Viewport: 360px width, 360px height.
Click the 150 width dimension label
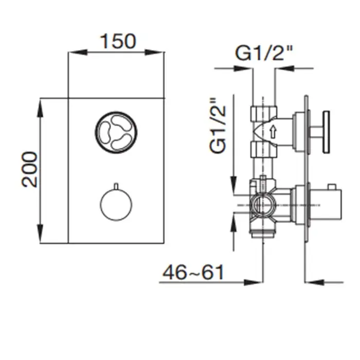pos(118,41)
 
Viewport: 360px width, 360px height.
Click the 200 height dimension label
pos(29,170)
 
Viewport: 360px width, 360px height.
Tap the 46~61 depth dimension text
pos(193,272)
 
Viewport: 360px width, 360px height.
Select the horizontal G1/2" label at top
pos(264,53)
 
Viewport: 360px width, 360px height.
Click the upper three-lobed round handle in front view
pos(116,133)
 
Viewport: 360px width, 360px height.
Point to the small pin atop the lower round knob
pos(116,186)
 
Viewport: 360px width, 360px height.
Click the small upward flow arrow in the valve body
pos(273,132)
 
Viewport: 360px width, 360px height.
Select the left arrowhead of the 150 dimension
pos(78,52)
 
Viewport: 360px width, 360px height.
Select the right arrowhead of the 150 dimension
pos(154,52)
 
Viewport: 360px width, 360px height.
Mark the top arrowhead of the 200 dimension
pos(40,108)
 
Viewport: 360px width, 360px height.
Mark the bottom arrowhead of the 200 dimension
pos(40,233)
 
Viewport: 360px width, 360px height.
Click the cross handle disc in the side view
pos(326,132)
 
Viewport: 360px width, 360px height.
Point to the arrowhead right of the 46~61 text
pos(253,282)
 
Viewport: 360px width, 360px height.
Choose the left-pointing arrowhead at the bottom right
pos(314,282)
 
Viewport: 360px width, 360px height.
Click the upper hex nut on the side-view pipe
pos(264,114)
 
